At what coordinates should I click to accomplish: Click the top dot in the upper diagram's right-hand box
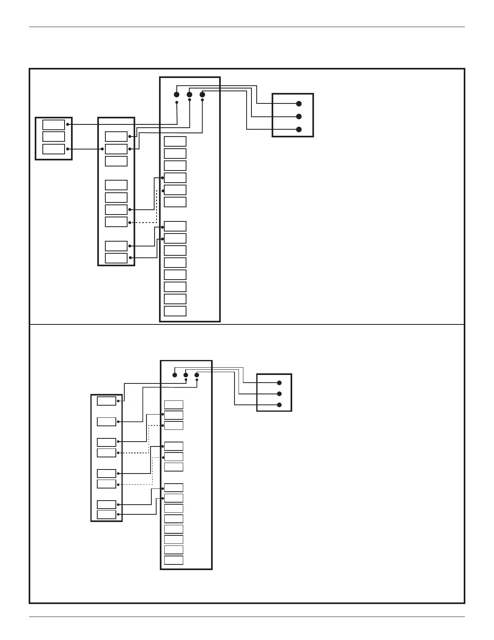299,104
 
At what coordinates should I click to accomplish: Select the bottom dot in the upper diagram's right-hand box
299,130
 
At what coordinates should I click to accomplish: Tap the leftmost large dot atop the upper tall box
176,95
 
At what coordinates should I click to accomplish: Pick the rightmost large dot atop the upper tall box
203,95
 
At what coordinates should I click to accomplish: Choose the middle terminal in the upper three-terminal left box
54,137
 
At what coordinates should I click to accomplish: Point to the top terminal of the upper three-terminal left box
54,124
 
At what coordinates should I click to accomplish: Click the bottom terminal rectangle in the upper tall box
175,311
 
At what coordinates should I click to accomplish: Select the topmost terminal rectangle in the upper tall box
175,141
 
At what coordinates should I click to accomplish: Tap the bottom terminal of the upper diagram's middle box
116,258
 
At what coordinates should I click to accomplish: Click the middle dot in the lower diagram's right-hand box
279,394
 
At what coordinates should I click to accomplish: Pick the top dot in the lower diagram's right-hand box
279,383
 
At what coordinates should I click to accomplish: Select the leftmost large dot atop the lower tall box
175,375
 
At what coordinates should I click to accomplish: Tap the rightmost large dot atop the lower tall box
197,375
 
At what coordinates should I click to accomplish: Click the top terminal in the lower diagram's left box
107,401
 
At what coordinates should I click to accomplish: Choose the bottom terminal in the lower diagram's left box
107,514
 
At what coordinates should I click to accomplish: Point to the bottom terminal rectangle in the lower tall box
174,560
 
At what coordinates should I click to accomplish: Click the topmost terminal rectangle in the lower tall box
174,405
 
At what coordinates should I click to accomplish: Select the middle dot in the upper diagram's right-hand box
299,117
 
